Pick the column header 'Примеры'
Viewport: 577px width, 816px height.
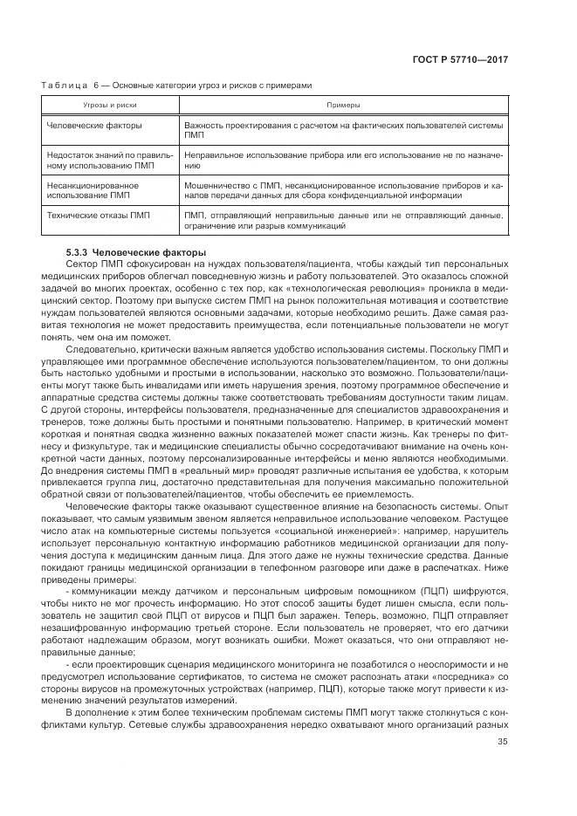343,104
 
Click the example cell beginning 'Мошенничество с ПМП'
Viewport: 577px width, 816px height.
343,189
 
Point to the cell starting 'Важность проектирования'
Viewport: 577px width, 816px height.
343,130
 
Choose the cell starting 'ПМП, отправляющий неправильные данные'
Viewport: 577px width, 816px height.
343,219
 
